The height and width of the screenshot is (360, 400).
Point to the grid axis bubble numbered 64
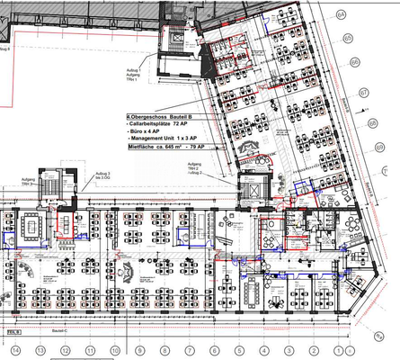tap(341, 15)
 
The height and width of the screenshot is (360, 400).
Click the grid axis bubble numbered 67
tap(364, 93)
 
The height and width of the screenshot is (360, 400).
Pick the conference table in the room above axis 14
tap(34, 221)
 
